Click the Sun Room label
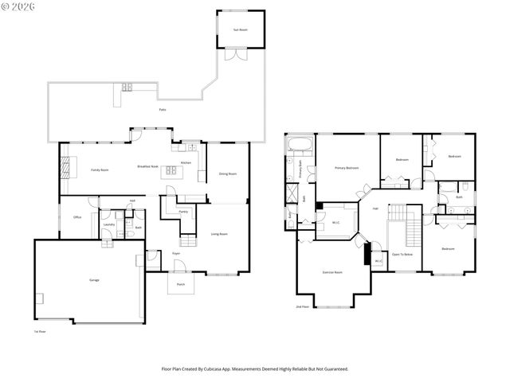239,29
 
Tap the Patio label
163,109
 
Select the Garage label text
83,280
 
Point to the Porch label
181,283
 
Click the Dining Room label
228,173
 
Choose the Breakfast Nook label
148,166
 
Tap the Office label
77,216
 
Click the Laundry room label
109,224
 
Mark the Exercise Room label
332,271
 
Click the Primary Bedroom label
346,168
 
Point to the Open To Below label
402,254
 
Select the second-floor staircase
413,233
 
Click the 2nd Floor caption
302,306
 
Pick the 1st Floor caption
39,331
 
